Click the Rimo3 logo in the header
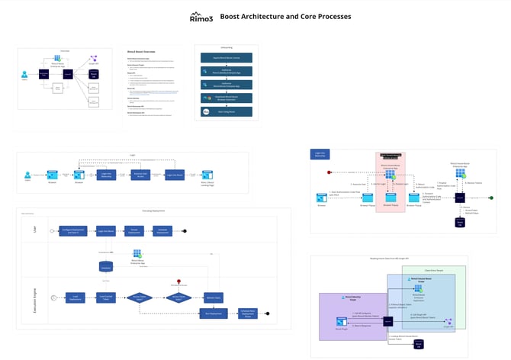pos(201,17)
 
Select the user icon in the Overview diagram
pos(25,74)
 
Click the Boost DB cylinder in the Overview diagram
pos(95,75)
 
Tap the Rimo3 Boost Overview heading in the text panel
pos(144,52)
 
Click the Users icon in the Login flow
pos(28,175)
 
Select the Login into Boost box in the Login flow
pos(175,175)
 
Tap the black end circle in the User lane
pos(185,230)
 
